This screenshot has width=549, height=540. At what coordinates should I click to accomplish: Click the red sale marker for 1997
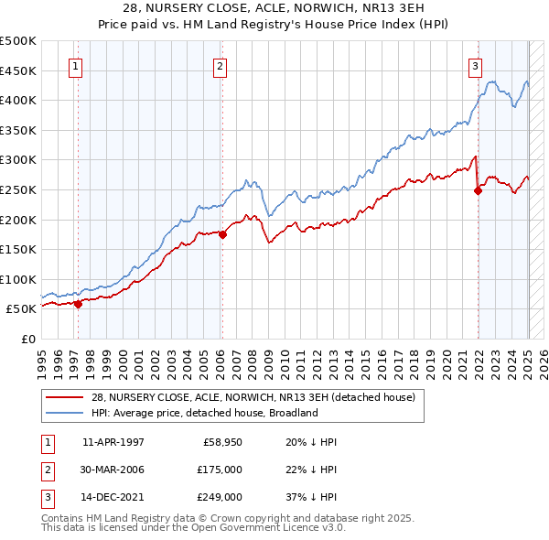coord(78,305)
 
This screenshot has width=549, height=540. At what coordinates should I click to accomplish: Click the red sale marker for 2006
coord(222,234)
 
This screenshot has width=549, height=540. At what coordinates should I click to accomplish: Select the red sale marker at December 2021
coord(478,190)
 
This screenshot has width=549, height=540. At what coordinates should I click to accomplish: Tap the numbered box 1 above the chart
coord(74,65)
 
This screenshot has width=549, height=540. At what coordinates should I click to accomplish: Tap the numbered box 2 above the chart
coord(221,65)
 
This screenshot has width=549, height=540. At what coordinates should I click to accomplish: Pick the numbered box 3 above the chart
coord(476,65)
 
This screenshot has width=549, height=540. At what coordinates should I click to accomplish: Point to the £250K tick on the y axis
coord(18,189)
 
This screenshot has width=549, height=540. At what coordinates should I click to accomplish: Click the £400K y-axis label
coord(18,100)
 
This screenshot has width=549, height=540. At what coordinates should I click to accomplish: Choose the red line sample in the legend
coord(65,397)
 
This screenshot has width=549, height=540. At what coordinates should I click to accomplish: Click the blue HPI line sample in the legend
coord(65,413)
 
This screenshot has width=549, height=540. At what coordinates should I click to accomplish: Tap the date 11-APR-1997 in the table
coord(113,442)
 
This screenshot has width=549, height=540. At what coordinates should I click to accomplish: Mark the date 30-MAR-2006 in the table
coord(113,470)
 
